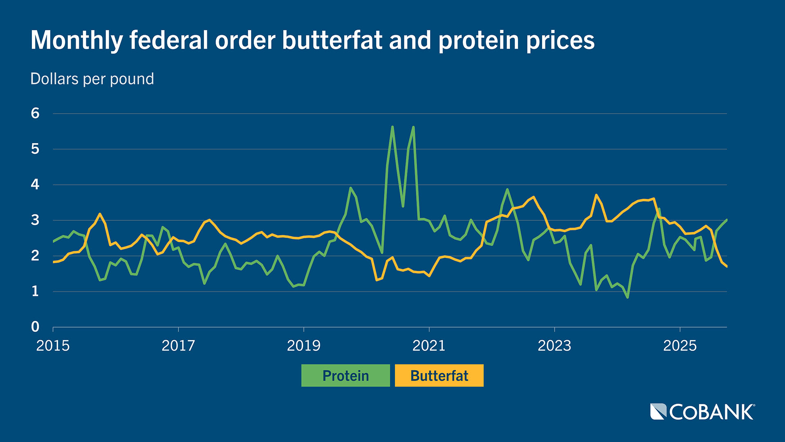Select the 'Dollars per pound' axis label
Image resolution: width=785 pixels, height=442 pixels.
(92, 79)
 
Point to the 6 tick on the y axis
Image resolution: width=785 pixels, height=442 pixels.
(35, 113)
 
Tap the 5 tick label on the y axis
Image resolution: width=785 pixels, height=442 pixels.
(35, 149)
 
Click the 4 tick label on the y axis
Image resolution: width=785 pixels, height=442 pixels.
(35, 185)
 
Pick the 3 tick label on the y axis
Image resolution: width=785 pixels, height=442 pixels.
(35, 220)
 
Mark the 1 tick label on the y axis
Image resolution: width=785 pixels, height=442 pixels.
(35, 291)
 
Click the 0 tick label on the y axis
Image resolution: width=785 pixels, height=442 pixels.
(35, 327)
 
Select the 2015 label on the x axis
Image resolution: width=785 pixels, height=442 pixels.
(53, 346)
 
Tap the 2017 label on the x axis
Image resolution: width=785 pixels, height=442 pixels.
(178, 346)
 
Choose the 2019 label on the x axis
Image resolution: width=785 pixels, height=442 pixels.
(304, 346)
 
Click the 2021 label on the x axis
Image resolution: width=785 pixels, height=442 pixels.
(429, 346)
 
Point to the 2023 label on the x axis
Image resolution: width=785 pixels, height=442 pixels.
(554, 346)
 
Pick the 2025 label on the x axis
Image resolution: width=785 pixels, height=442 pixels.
(680, 346)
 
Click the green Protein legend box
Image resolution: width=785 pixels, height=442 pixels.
(345, 375)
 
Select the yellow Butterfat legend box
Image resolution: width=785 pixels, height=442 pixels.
(439, 375)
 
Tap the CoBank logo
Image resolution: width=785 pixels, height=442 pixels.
(702, 412)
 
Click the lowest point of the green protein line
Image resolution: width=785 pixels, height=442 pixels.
(628, 297)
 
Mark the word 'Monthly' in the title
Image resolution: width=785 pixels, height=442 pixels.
(77, 41)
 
